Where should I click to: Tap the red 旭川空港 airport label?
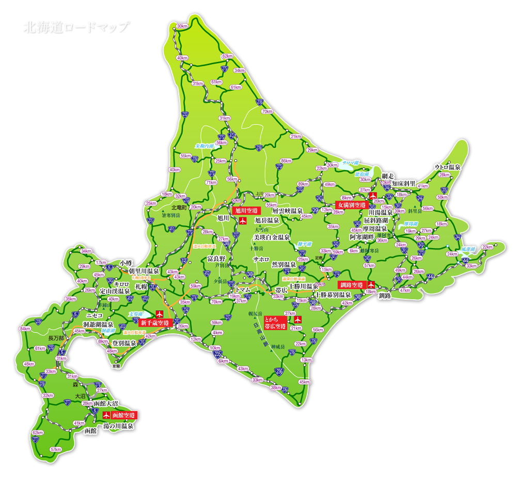(x=245, y=211)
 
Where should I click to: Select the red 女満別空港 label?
(x=353, y=205)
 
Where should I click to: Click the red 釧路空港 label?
(x=351, y=285)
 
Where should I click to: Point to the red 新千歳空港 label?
(x=154, y=323)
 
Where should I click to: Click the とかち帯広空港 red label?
(x=275, y=323)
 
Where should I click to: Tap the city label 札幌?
(x=141, y=285)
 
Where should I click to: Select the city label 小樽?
(x=126, y=262)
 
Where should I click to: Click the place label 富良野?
(x=216, y=258)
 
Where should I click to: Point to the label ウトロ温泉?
(x=447, y=167)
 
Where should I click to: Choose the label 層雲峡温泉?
(x=287, y=211)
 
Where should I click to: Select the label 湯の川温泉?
(x=118, y=426)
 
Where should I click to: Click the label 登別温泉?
(x=124, y=343)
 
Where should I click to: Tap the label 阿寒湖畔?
(x=361, y=237)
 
